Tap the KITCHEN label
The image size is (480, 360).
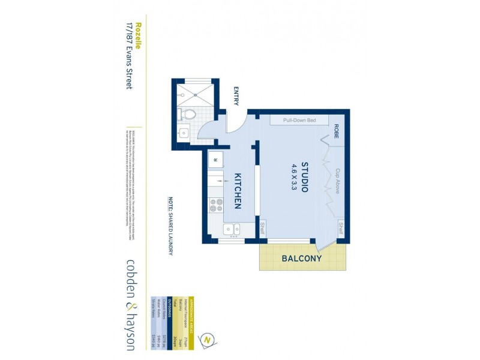pyautogui.click(x=237, y=190)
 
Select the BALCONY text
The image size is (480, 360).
pyautogui.click(x=301, y=259)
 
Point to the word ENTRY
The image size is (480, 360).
pyautogui.click(x=236, y=97)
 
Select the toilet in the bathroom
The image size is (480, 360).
pyautogui.click(x=189, y=114)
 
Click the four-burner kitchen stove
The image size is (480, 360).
pyautogui.click(x=215, y=206)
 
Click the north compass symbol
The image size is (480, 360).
pyautogui.click(x=208, y=339)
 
